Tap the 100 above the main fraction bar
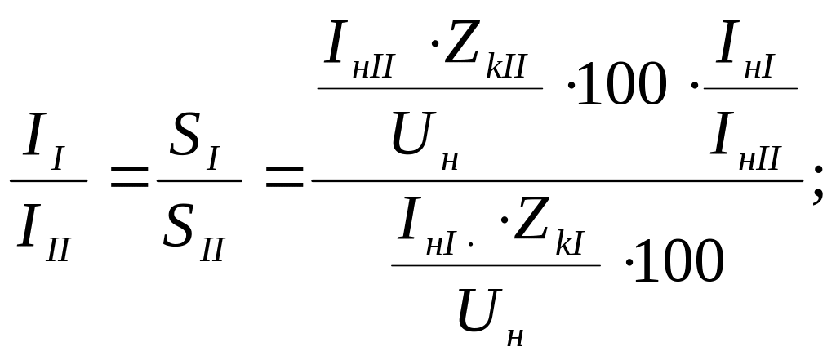pyautogui.click(x=625, y=87)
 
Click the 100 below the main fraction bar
pyautogui.click(x=682, y=263)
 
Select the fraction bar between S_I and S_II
pyautogui.click(x=198, y=180)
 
